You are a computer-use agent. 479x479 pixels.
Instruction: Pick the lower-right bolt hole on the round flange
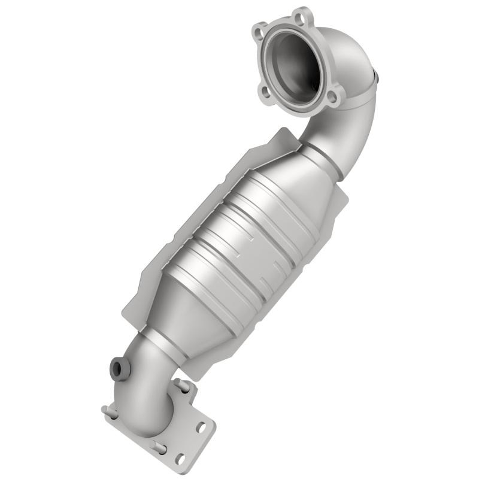[x=332, y=97]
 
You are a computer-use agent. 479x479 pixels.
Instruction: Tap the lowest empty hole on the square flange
[x=179, y=460]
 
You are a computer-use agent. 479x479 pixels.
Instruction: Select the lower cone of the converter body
[x=180, y=317]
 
